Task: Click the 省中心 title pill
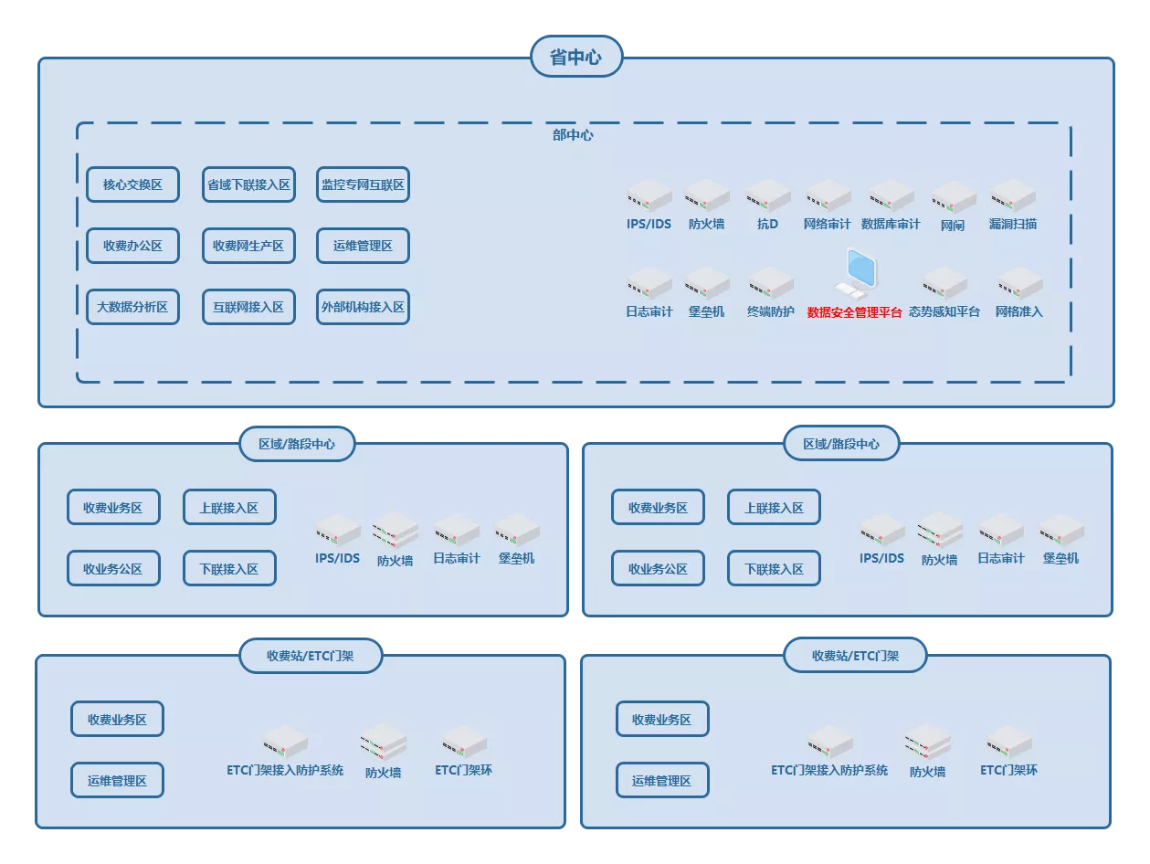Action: coord(575,57)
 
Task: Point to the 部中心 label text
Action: coord(573,135)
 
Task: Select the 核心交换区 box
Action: coord(132,184)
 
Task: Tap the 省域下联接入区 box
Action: coord(248,184)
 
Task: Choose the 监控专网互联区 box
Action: coord(363,184)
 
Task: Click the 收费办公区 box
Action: coord(132,246)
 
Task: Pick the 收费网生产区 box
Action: coord(248,246)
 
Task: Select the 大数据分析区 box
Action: coord(132,307)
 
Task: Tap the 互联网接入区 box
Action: coord(248,307)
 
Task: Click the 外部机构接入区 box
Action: coord(363,307)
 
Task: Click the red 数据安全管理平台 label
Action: coord(854,312)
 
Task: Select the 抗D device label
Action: coord(767,224)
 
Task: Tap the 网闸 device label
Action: coord(953,226)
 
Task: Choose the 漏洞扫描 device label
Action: coord(1013,224)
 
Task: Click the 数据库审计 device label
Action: coord(891,224)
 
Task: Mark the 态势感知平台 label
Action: coord(944,312)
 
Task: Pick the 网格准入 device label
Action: coord(1019,312)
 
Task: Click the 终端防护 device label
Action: coord(771,312)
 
